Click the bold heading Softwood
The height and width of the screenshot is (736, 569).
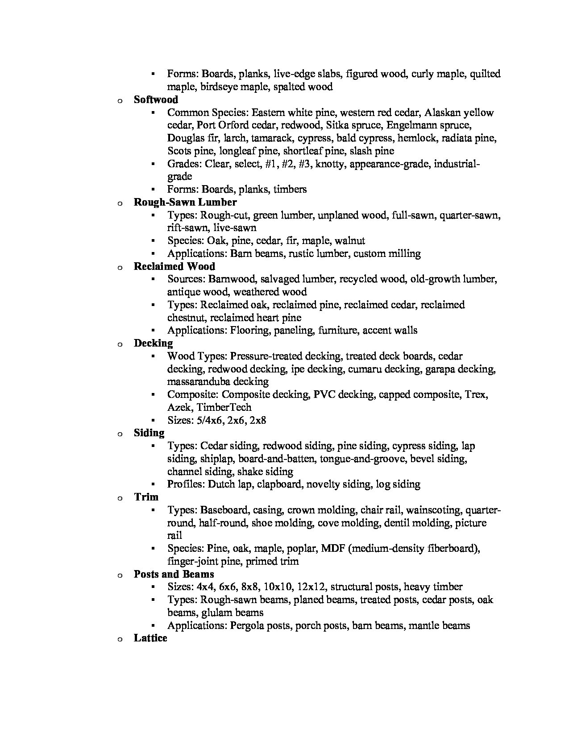coord(156,99)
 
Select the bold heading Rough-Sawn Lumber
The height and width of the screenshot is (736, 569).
coord(185,202)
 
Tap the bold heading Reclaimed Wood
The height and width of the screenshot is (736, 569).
coord(174,266)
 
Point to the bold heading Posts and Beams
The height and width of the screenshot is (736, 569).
coord(174,574)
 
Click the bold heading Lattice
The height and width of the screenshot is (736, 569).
coord(150,638)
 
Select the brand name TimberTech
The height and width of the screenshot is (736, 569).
coord(229,408)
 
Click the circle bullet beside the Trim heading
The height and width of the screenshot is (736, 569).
coord(120,498)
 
